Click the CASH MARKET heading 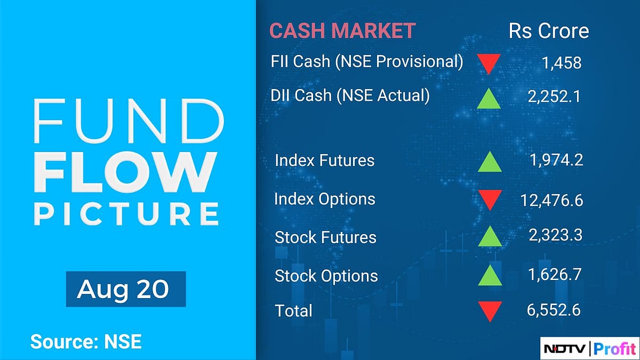(342, 30)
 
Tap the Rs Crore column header (549, 30)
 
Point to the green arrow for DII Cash (489, 99)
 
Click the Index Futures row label (324, 160)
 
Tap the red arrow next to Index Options (489, 200)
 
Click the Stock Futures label (325, 237)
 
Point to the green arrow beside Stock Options (489, 275)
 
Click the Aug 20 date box (126, 289)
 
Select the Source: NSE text (86, 341)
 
